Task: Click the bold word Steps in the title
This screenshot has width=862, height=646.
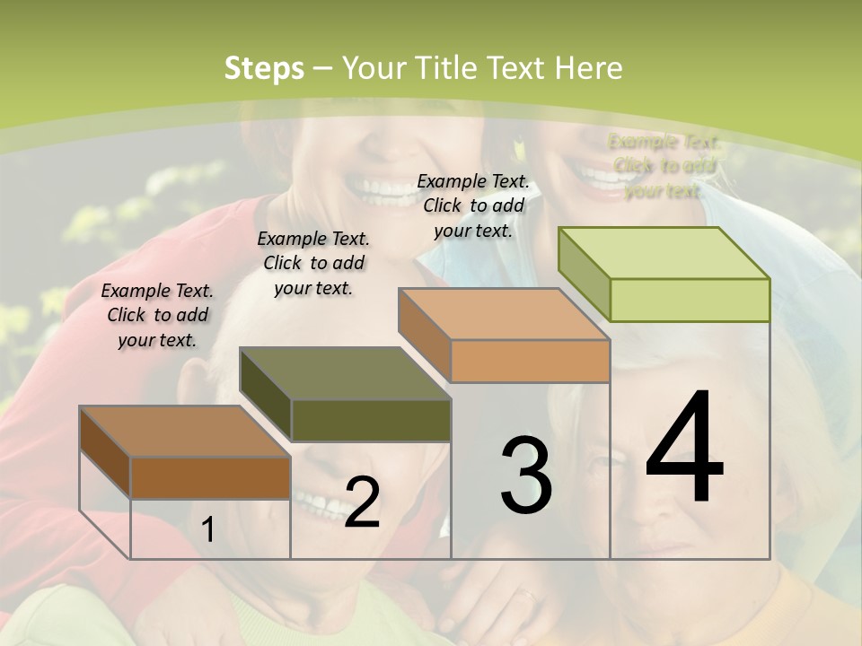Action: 264,68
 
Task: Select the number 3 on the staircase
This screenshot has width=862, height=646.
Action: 526,476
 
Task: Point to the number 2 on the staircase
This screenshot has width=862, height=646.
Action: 362,503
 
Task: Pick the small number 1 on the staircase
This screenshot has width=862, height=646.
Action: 208,530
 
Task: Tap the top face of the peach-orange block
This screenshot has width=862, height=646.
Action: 504,314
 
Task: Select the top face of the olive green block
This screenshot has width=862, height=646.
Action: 345,373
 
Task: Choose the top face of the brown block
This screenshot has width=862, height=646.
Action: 184,432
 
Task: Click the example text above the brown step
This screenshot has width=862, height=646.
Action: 157,315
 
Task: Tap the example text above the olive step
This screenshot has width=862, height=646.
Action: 313,263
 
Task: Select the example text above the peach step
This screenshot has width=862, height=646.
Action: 473,205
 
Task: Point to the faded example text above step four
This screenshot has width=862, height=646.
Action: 664,166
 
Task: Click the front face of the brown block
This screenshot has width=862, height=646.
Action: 210,477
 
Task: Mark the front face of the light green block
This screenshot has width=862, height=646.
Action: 690,300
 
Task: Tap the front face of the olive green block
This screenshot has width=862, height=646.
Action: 371,420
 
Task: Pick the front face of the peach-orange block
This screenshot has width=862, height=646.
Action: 530,361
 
